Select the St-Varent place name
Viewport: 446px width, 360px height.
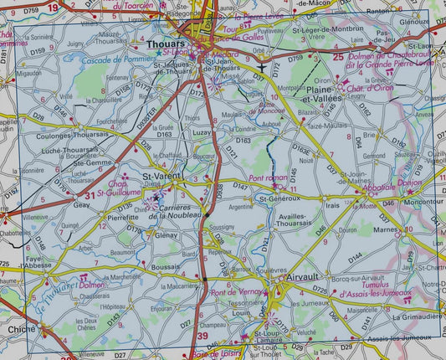pos(162,177)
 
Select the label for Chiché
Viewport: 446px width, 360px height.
pos(21,330)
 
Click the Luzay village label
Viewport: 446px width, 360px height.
pos(201,132)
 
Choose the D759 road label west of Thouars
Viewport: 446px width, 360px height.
pos(38,52)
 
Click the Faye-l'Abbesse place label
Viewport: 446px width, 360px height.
pos(34,264)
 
